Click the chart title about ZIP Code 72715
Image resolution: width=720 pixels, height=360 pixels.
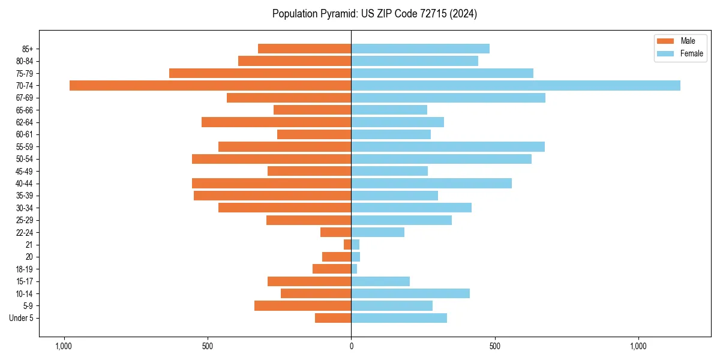click(x=374, y=14)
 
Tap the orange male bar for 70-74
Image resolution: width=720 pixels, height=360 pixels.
click(x=210, y=85)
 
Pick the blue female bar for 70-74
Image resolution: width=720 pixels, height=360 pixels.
click(x=515, y=85)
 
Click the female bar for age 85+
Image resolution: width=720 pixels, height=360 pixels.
click(x=420, y=49)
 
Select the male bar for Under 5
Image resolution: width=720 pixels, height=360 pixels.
click(x=333, y=318)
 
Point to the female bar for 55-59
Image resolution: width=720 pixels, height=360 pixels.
click(x=448, y=146)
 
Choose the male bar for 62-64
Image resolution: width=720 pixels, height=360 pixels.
click(x=276, y=122)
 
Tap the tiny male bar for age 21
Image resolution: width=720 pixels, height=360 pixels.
click(x=347, y=244)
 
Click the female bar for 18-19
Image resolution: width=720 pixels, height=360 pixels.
click(x=354, y=269)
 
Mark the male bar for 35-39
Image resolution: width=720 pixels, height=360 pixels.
click(x=272, y=196)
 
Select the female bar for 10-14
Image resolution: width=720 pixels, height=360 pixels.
click(x=410, y=293)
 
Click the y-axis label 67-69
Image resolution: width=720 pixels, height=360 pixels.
click(x=25, y=98)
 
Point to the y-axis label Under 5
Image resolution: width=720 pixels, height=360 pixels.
click(x=21, y=318)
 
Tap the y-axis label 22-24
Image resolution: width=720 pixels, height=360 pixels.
click(x=25, y=232)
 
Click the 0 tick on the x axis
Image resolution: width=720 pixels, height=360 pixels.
click(x=351, y=346)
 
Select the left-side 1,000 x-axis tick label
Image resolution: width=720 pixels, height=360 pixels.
click(x=64, y=346)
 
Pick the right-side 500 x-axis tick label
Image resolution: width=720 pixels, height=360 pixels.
click(x=494, y=346)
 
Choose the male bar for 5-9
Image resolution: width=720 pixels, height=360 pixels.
click(x=302, y=305)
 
